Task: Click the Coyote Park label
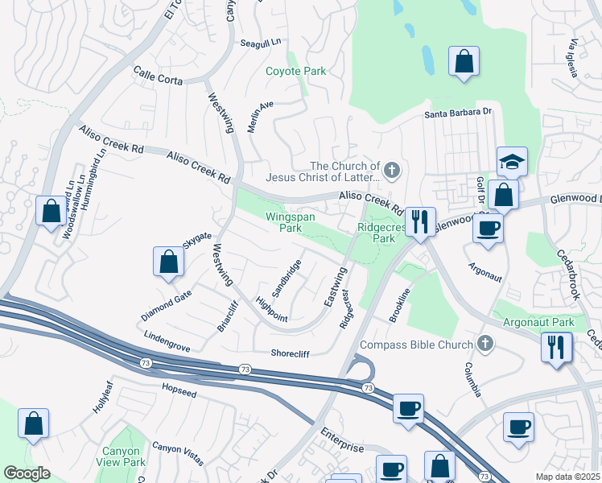(x=296, y=71)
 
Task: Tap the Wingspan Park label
(x=291, y=222)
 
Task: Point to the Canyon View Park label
(x=123, y=457)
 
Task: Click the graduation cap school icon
(x=512, y=162)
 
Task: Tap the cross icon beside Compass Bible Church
(x=484, y=345)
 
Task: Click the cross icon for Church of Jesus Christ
(x=392, y=171)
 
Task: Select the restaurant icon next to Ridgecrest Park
(x=420, y=221)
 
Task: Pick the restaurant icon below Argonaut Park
(x=556, y=347)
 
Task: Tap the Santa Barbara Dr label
(x=458, y=114)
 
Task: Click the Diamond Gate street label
(x=166, y=304)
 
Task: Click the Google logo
(x=27, y=473)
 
